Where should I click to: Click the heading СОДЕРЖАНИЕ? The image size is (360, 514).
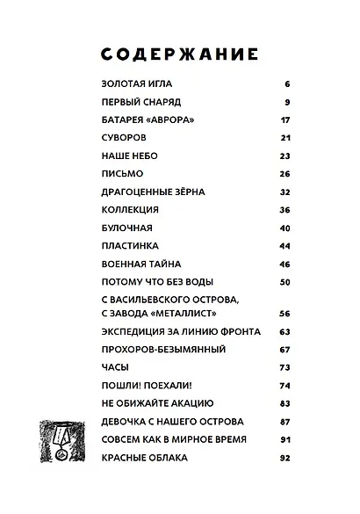click(180, 54)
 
